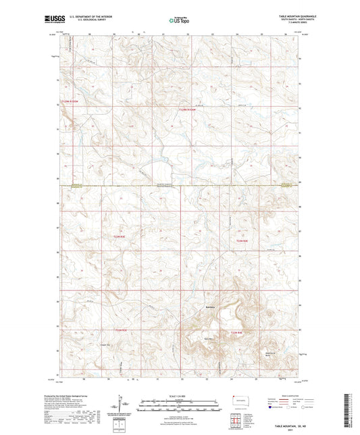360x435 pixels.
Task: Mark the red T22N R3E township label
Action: point(120,330)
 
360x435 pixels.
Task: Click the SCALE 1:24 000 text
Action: point(180,394)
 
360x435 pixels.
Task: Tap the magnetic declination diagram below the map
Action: point(126,404)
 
